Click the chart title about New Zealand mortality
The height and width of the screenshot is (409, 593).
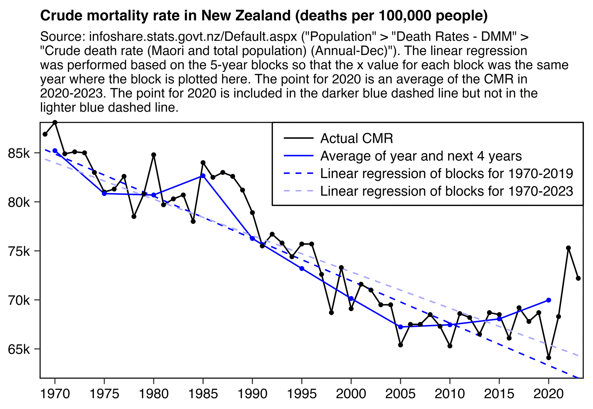pyautogui.click(x=264, y=16)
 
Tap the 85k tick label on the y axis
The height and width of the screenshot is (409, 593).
pyautogui.click(x=21, y=153)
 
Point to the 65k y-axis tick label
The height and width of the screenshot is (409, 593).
pyautogui.click(x=21, y=349)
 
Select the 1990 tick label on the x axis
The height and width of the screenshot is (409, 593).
pyautogui.click(x=252, y=394)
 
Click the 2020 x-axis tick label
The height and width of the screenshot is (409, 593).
pyautogui.click(x=549, y=394)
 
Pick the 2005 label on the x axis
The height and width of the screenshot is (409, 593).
pyautogui.click(x=400, y=394)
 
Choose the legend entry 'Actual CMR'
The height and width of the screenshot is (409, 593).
pyautogui.click(x=357, y=139)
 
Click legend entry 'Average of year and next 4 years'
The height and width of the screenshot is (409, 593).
pyautogui.click(x=421, y=156)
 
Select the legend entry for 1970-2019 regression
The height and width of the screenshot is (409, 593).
pyautogui.click(x=447, y=173)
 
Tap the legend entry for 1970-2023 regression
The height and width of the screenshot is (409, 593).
pyautogui.click(x=447, y=191)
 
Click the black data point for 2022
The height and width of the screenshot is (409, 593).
pyautogui.click(x=568, y=248)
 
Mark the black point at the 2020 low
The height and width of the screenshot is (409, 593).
pyautogui.click(x=549, y=358)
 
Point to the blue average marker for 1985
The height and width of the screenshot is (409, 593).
pyautogui.click(x=203, y=176)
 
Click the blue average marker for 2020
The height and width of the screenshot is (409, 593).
pyautogui.click(x=549, y=300)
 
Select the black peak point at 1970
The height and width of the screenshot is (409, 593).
pyautogui.click(x=55, y=122)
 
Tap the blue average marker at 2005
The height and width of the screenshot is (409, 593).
pyautogui.click(x=400, y=327)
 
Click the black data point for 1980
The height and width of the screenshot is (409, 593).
pyautogui.click(x=154, y=155)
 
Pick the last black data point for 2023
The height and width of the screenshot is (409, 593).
pyautogui.click(x=578, y=279)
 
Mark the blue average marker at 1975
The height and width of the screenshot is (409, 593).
pyautogui.click(x=104, y=194)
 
